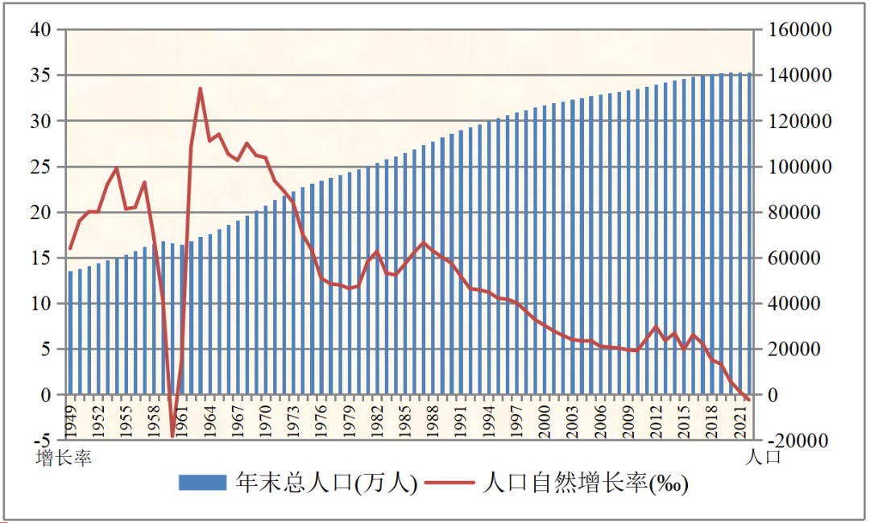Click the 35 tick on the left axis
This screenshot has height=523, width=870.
[x=41, y=76]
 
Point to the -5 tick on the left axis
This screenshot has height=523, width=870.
[x=43, y=442]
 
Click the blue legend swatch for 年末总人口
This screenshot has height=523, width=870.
[x=202, y=484]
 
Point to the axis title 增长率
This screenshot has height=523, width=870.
[x=64, y=459]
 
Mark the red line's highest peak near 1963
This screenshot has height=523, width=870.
[x=200, y=89]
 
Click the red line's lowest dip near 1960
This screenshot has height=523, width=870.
[x=172, y=436]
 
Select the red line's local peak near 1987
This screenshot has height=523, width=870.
[x=424, y=243]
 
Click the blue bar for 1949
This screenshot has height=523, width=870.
[x=71, y=333]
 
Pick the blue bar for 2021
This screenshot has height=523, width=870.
[x=740, y=234]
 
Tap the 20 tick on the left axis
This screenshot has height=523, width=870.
[x=41, y=213]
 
